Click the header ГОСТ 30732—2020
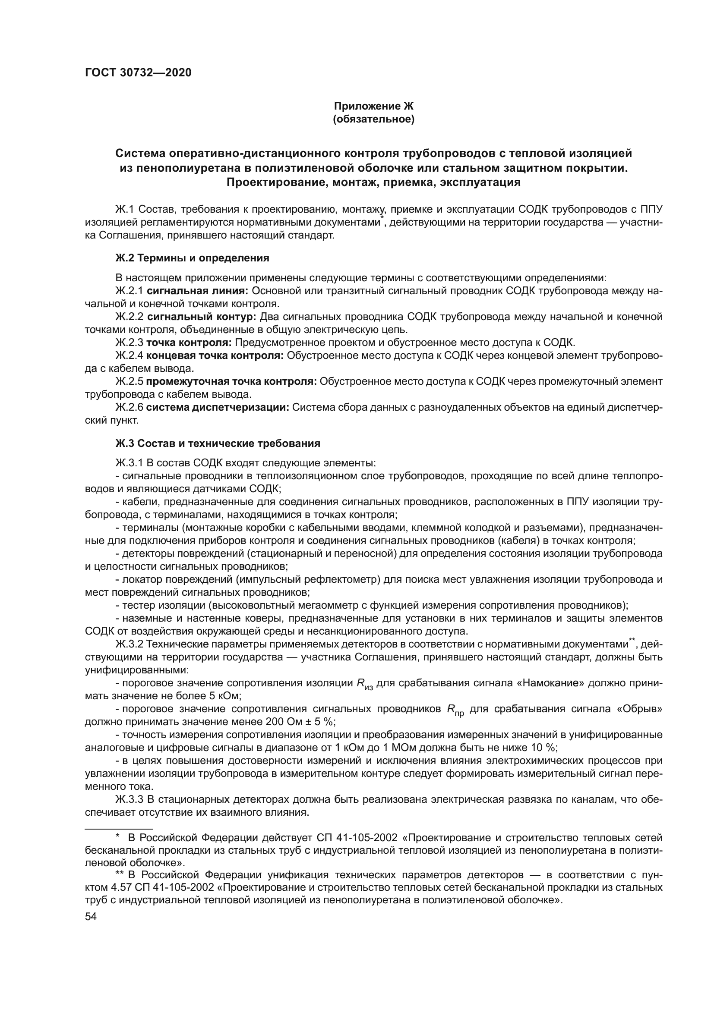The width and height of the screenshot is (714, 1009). tap(138, 73)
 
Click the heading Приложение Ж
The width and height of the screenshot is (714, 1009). tap(374, 107)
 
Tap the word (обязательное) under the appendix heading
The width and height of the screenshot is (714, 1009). tap(374, 119)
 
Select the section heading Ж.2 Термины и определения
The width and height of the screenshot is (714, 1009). tap(192, 258)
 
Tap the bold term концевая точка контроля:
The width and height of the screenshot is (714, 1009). tap(215, 355)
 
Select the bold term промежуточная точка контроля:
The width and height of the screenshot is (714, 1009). tap(231, 381)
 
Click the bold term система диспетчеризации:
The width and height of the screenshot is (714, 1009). tap(217, 407)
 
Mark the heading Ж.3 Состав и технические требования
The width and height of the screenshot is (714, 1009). tap(218, 443)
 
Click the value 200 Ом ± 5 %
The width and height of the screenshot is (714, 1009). tap(300, 722)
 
